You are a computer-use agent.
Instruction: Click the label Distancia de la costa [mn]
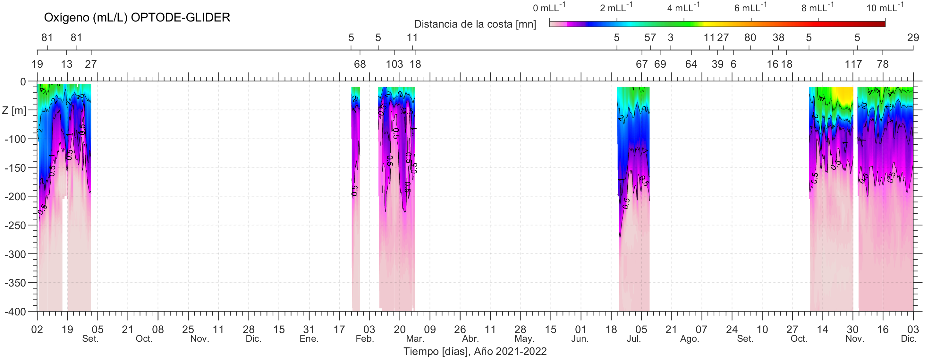pos(475,24)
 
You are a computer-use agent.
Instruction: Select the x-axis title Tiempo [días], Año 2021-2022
pos(475,351)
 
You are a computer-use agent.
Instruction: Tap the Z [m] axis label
pos(14,110)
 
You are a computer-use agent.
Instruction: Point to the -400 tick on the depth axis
pos(15,312)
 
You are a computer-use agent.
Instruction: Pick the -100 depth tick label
pos(15,139)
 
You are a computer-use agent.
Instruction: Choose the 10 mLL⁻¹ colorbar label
pos(885,7)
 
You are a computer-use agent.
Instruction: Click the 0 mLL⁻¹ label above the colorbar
pos(549,7)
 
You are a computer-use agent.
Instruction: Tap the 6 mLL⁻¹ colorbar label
pos(750,7)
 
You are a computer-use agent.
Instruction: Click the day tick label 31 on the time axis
pos(309,329)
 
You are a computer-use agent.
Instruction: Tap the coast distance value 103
pos(394,64)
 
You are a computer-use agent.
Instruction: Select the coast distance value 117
pos(853,64)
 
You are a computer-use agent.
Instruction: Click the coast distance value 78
pos(883,64)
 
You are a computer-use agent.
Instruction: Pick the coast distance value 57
pos(650,38)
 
